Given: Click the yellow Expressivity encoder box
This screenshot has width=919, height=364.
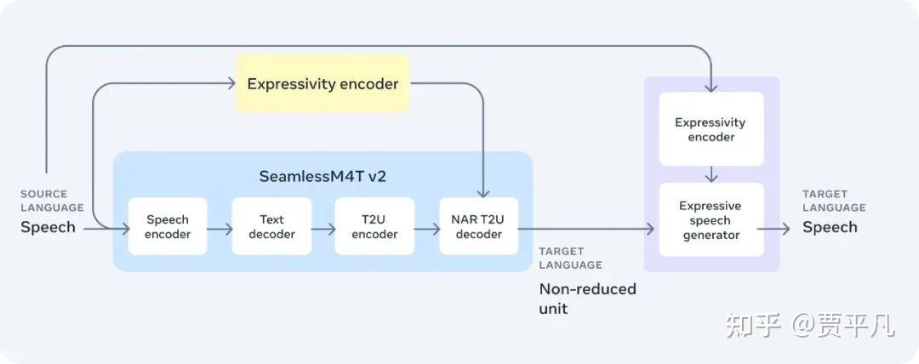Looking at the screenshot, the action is click(323, 83).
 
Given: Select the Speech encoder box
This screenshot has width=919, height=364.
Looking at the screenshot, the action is click(168, 226).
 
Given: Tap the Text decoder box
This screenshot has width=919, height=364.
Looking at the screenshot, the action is click(271, 226).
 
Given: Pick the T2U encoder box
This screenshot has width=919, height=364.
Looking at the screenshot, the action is click(374, 226).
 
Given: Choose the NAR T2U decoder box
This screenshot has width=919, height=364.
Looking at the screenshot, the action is click(479, 226).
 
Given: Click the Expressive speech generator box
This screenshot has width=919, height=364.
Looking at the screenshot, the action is click(711, 219).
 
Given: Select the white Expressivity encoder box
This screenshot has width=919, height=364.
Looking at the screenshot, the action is click(711, 129).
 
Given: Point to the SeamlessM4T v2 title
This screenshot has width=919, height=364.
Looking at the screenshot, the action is click(323, 176).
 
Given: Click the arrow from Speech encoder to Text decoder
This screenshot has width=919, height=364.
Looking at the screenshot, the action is click(220, 229).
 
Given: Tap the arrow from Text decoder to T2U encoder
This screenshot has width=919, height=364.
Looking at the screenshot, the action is click(323, 229).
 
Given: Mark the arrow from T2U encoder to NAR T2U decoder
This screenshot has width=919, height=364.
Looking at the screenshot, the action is click(426, 229).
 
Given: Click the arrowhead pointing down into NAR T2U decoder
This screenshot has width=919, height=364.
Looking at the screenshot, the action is click(483, 193).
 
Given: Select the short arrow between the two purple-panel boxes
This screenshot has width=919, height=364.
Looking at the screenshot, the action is click(711, 174).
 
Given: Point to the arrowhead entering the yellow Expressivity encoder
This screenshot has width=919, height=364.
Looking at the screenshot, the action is click(231, 83).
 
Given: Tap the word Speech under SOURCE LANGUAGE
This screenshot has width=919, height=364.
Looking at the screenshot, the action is click(48, 227).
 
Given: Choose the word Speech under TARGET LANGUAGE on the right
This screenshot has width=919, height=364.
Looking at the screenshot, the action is click(830, 227).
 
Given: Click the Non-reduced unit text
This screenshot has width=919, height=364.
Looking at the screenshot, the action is click(587, 299).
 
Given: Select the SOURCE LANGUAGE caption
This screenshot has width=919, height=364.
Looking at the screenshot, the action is click(52, 201).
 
